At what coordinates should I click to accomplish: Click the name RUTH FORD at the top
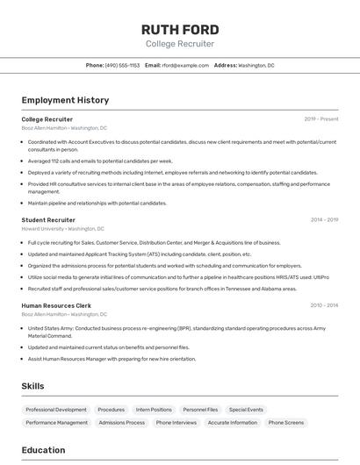(179, 27)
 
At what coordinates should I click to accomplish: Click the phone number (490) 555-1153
(122, 65)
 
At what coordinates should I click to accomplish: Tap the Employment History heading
(65, 100)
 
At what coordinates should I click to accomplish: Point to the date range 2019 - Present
(320, 119)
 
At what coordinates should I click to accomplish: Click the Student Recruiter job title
(48, 220)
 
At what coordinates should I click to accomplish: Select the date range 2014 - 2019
(323, 220)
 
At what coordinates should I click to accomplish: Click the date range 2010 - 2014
(323, 305)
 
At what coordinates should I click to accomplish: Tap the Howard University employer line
(63, 228)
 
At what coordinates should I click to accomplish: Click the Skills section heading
(33, 386)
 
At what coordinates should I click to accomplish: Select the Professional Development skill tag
(56, 410)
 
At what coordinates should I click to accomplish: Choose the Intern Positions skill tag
(154, 410)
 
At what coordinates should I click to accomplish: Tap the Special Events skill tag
(246, 410)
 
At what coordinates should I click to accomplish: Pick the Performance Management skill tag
(57, 423)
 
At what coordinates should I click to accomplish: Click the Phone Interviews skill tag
(176, 423)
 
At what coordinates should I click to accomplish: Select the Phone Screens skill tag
(286, 423)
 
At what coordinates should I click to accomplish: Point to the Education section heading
(43, 450)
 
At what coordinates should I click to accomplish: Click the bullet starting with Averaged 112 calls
(100, 161)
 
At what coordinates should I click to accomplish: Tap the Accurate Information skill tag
(233, 423)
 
